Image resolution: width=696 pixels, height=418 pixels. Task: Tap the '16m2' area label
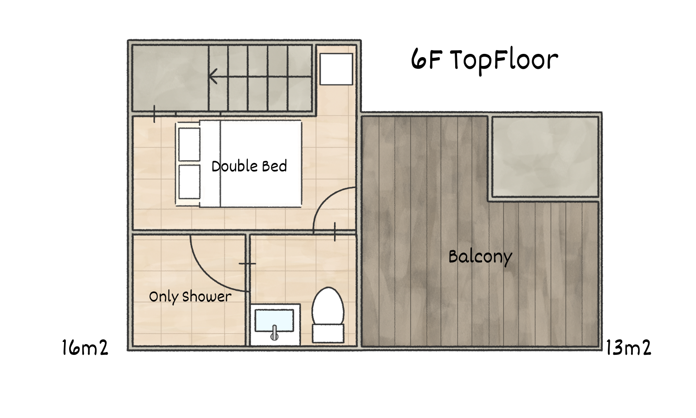click(85, 347)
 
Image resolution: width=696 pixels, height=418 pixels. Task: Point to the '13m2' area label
click(628, 347)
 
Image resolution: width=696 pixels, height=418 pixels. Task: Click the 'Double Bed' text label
click(249, 166)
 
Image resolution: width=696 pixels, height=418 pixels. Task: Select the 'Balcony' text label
click(480, 257)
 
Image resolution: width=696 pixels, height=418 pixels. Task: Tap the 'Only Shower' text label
click(190, 297)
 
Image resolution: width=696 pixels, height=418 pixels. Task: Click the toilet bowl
click(328, 306)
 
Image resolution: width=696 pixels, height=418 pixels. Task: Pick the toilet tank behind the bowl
click(328, 333)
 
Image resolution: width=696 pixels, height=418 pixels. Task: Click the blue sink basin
click(274, 320)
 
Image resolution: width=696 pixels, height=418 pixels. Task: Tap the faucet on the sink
click(274, 333)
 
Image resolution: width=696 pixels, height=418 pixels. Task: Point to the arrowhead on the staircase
click(213, 76)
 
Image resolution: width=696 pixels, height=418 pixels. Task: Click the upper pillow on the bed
click(189, 144)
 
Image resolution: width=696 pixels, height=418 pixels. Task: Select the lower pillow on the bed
click(189, 182)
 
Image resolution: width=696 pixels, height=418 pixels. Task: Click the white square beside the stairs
click(336, 69)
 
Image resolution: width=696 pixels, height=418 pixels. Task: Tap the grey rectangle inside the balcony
click(545, 157)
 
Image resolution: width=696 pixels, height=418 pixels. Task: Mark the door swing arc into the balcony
click(324, 199)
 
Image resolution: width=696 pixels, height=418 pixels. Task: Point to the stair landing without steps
click(170, 78)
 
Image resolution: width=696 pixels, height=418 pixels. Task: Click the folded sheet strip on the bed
click(210, 163)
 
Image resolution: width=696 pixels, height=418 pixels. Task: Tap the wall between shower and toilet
click(248, 290)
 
